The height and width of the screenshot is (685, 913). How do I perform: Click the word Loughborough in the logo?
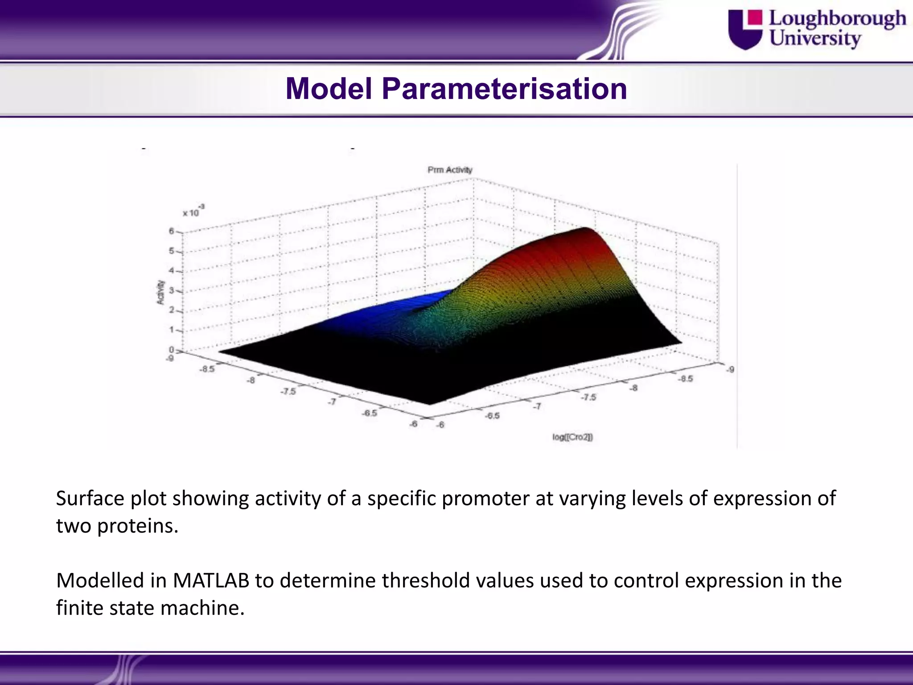tap(837, 19)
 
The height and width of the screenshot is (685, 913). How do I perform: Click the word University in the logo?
tap(815, 38)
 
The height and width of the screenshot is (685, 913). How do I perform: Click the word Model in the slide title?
tap(329, 88)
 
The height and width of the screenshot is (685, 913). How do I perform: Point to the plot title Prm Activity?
tap(449, 170)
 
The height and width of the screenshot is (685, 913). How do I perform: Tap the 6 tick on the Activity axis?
tap(171, 231)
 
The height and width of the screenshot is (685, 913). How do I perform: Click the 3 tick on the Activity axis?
tap(171, 291)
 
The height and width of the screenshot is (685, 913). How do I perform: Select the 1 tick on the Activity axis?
tap(171, 330)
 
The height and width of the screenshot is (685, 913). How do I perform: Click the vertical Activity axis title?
tap(160, 293)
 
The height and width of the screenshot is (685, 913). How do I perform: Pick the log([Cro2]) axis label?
tap(572, 437)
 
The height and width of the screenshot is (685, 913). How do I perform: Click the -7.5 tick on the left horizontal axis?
tap(288, 391)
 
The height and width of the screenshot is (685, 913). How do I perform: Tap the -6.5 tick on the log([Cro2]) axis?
tap(493, 416)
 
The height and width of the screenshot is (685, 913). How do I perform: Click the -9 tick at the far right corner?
tap(730, 369)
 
